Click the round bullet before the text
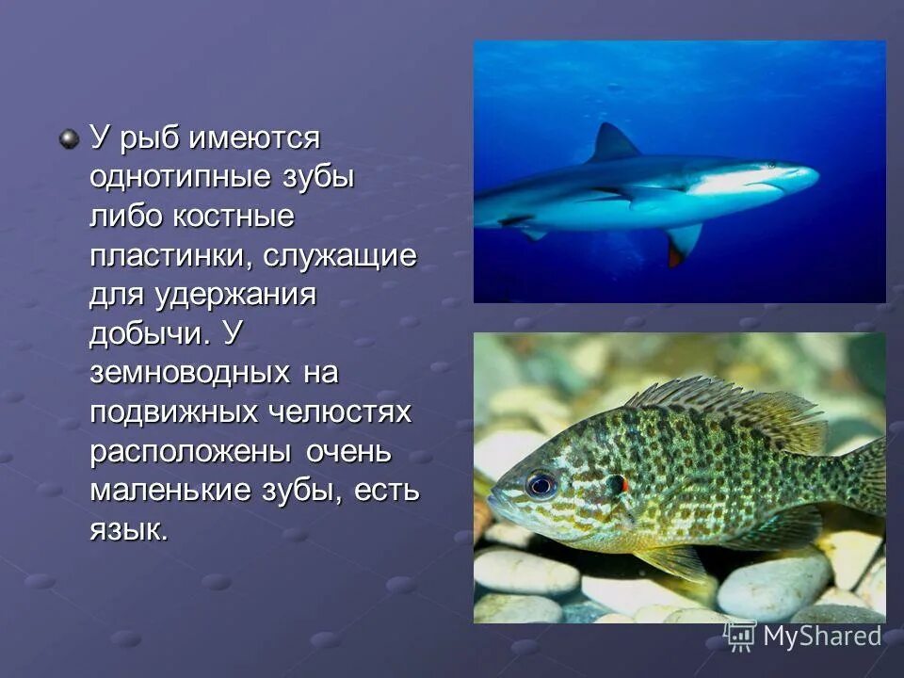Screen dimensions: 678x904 [x=69, y=139]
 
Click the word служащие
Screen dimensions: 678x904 [x=340, y=257]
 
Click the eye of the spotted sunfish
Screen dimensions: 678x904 [x=541, y=484]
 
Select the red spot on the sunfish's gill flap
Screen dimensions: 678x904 [x=621, y=483]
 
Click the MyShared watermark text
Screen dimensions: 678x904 [x=821, y=637]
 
